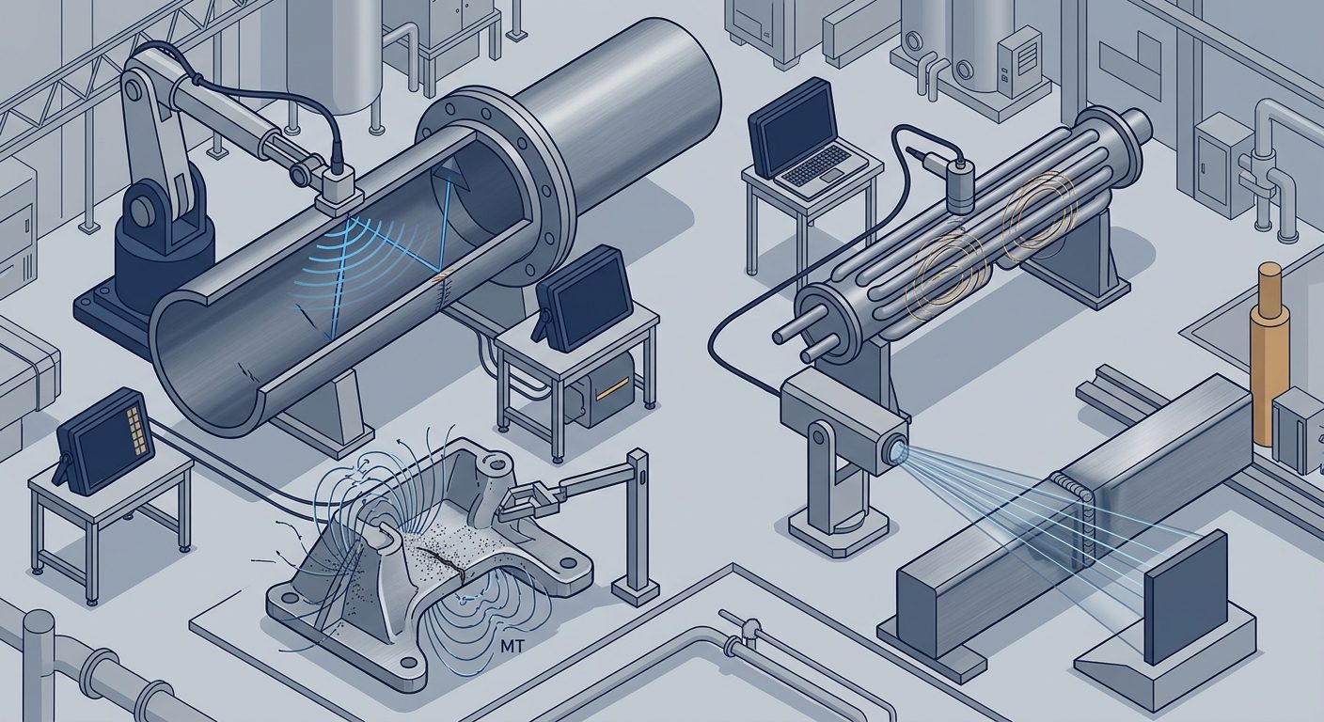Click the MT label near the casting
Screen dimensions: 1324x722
click(509, 647)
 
